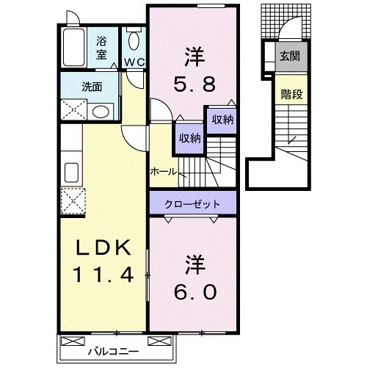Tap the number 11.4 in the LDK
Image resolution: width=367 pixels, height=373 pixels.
point(102,275)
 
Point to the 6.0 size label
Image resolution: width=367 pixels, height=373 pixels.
point(195,291)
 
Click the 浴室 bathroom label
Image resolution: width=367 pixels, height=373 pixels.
point(101,48)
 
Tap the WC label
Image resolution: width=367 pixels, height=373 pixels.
point(133,62)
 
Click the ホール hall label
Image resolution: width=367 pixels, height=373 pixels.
point(163,171)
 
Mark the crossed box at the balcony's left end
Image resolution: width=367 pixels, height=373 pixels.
point(72,341)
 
